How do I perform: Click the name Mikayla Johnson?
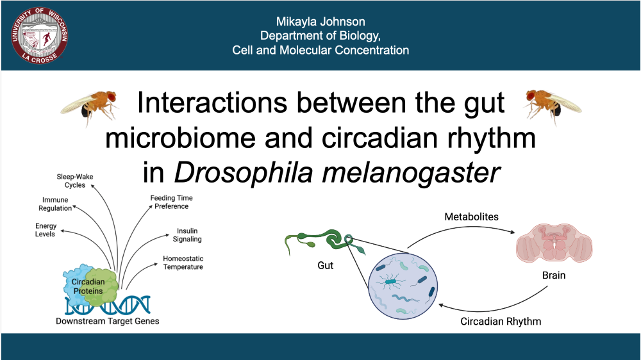(x=320, y=22)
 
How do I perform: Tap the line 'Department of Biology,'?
(x=320, y=36)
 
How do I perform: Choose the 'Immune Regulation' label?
(x=55, y=204)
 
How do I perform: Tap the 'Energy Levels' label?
(x=46, y=230)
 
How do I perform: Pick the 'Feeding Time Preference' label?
(x=171, y=202)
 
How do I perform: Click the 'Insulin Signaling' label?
(x=189, y=235)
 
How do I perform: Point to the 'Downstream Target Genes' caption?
(x=107, y=321)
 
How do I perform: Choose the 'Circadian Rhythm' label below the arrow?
(x=501, y=322)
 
